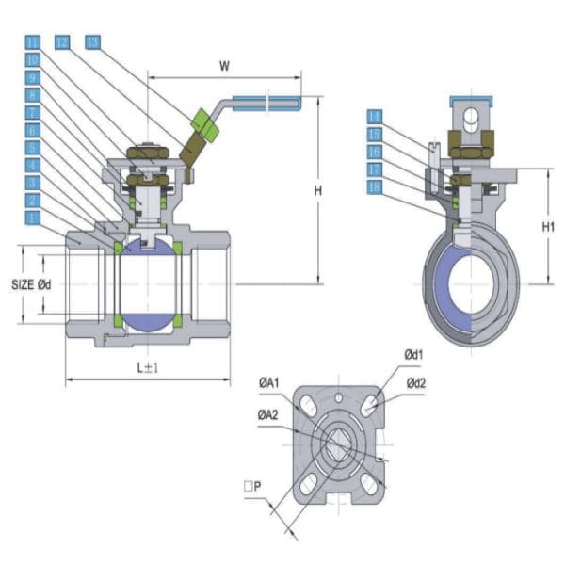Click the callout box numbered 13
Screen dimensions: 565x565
(x=92, y=42)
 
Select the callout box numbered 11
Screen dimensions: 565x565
(x=33, y=42)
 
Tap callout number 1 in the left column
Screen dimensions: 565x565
(x=33, y=217)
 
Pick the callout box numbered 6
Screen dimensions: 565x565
(x=33, y=130)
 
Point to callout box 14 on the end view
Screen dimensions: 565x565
(x=376, y=116)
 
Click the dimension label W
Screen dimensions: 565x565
(x=223, y=67)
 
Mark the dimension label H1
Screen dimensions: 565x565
(x=551, y=227)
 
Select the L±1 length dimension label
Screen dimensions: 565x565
(x=147, y=367)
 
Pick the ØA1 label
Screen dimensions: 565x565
(x=269, y=382)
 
